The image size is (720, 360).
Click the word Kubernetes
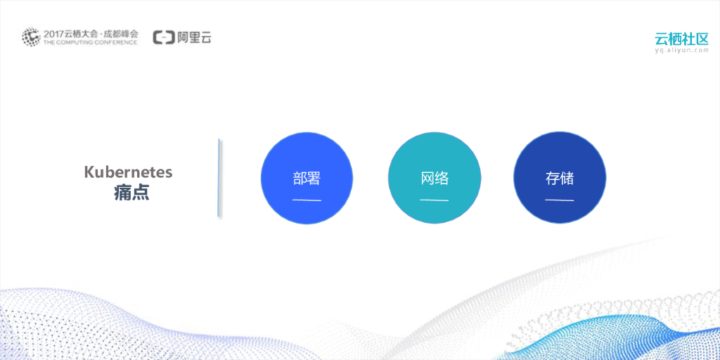pyautogui.click(x=128, y=172)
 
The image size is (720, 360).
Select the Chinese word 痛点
pyautogui.click(x=131, y=193)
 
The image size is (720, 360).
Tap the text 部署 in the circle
pyautogui.click(x=307, y=179)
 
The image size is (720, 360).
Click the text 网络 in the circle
pyautogui.click(x=435, y=179)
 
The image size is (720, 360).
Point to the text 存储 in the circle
pyautogui.click(x=560, y=179)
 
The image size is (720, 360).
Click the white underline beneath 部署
pyautogui.click(x=307, y=200)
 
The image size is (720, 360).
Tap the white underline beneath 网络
pyautogui.click(x=435, y=200)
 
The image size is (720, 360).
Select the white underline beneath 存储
pyautogui.click(x=560, y=200)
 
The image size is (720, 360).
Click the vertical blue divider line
pyautogui.click(x=219, y=177)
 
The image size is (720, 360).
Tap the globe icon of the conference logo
pyautogui.click(x=31, y=37)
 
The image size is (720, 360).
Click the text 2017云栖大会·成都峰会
pyautogui.click(x=91, y=33)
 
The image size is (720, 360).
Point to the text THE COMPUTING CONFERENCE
pyautogui.click(x=90, y=42)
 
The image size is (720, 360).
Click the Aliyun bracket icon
pyautogui.click(x=164, y=37)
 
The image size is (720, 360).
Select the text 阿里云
pyautogui.click(x=194, y=37)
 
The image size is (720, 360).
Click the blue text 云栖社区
pyautogui.click(x=681, y=38)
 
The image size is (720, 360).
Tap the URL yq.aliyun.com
pyautogui.click(x=681, y=51)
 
